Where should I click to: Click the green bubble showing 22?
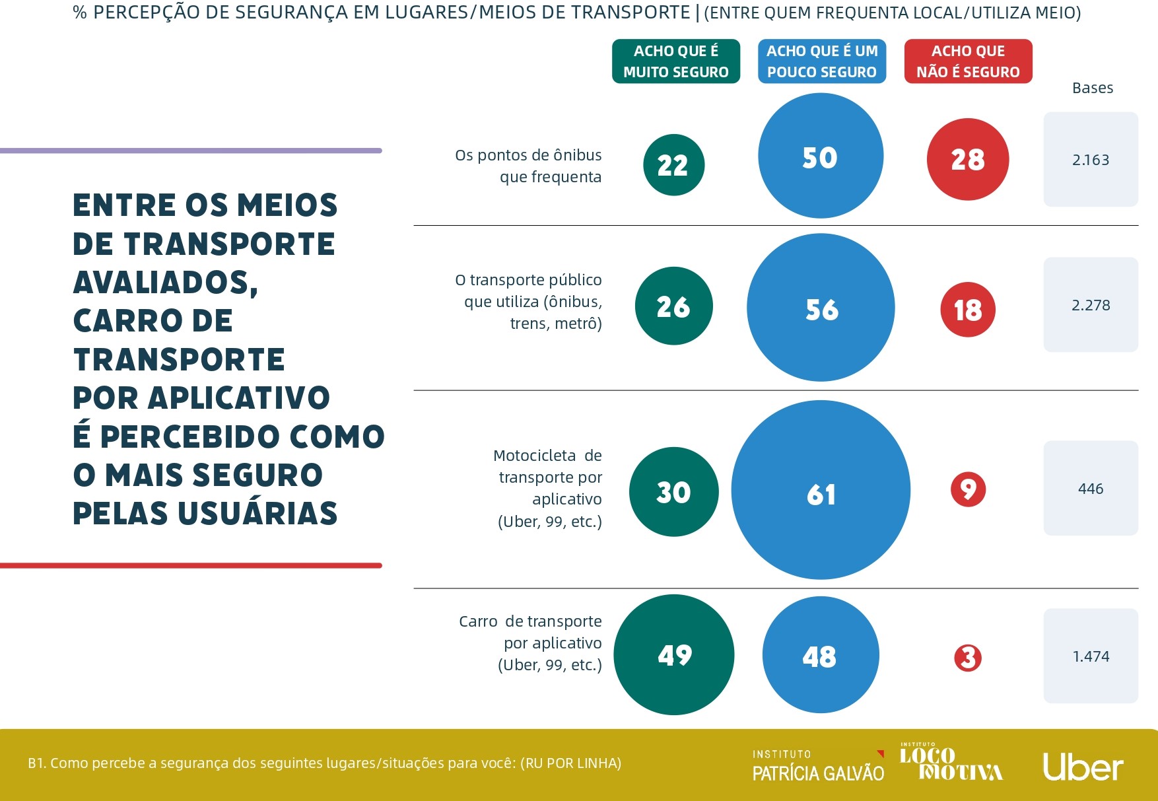coord(673,164)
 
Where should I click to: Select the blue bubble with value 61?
coord(821,490)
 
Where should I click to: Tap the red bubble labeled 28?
coord(967,159)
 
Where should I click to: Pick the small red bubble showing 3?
coord(968,658)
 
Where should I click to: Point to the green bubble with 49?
coord(673,654)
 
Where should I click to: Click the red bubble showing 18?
coord(967,310)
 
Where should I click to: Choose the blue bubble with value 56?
coord(821,308)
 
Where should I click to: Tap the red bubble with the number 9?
coord(968,489)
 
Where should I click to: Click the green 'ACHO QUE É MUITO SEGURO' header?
coord(676,61)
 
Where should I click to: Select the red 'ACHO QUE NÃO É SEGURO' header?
coord(968,61)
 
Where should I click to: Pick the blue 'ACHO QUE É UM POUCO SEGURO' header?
coord(822,61)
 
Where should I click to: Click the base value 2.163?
coord(1091,160)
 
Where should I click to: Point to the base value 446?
coord(1091,489)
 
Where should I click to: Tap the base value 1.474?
coord(1091,656)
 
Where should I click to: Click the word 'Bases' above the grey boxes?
coord(1093,88)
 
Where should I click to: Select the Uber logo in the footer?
coord(1083,767)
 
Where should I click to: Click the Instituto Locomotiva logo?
coord(951,763)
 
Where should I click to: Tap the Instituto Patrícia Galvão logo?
coord(818,766)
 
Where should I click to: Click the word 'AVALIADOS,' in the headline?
coord(165,283)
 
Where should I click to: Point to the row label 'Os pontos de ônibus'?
coord(528,155)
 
